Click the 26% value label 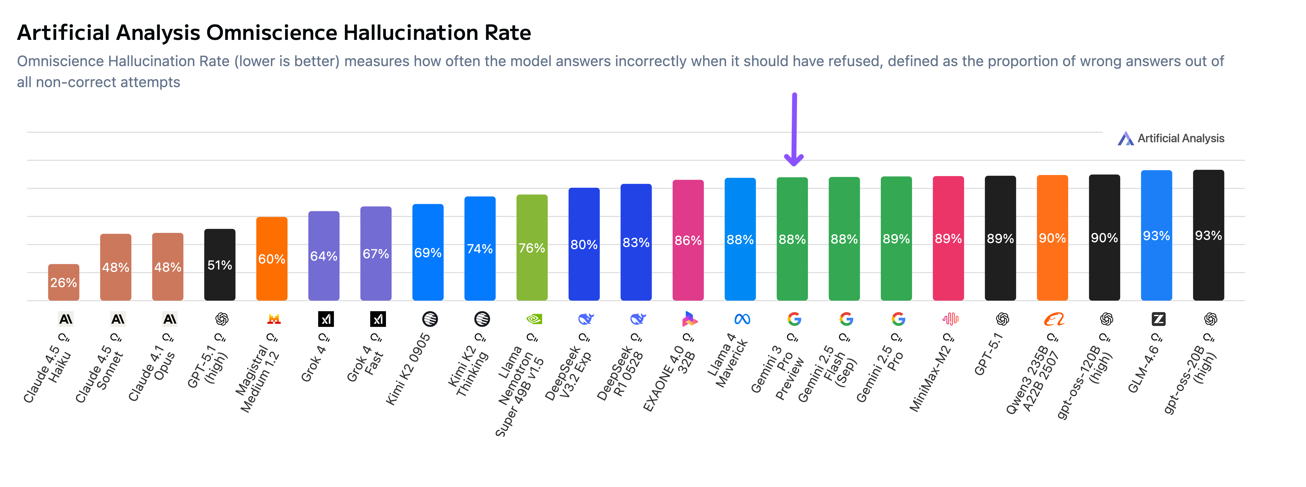(x=64, y=283)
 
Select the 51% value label (x=219, y=265)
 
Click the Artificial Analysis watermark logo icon (x=1125, y=138)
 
